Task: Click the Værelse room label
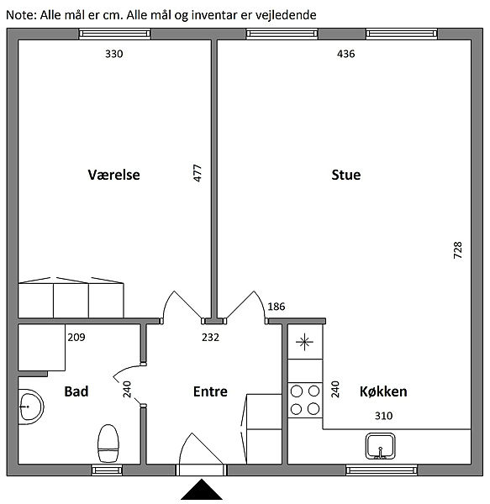(113, 175)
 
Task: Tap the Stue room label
(346, 175)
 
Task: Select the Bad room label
(76, 391)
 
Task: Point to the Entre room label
(210, 391)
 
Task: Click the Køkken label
(383, 391)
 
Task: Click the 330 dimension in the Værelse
(114, 54)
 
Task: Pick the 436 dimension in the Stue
(346, 54)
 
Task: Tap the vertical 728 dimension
(457, 250)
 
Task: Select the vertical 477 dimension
(198, 173)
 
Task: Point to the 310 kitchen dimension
(383, 416)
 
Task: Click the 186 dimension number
(277, 307)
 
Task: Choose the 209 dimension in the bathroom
(76, 337)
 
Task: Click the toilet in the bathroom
(108, 444)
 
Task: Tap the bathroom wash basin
(31, 407)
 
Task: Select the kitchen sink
(381, 446)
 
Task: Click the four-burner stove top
(305, 400)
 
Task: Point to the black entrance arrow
(202, 490)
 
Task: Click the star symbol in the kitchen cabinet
(304, 342)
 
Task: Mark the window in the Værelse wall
(115, 34)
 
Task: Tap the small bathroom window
(107, 470)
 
